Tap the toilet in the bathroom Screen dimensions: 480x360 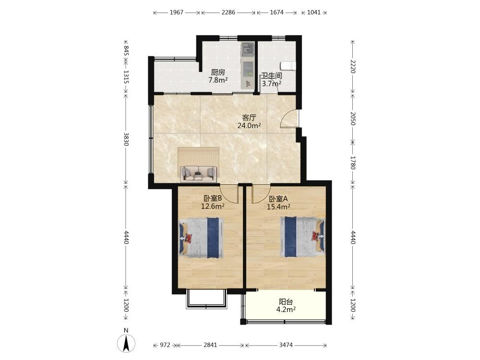click(x=288, y=66)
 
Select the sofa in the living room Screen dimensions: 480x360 click(x=199, y=173)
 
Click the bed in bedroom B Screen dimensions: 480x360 click(x=201, y=238)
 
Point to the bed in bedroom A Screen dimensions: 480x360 click(x=302, y=237)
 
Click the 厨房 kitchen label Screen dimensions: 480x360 click(x=218, y=72)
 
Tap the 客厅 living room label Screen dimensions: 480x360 click(x=249, y=118)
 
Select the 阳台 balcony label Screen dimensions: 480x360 click(x=286, y=302)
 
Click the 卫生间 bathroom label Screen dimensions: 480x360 click(x=272, y=76)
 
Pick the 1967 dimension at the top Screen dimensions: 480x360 click(x=177, y=12)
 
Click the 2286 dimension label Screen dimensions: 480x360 click(x=228, y=12)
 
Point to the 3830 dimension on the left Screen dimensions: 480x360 click(x=126, y=139)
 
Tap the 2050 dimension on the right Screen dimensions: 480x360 click(x=353, y=119)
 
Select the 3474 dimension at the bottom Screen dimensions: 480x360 click(x=286, y=345)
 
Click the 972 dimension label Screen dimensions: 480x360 click(x=165, y=345)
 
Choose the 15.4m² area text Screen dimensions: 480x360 click(x=278, y=206)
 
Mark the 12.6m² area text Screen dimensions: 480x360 click(x=213, y=206)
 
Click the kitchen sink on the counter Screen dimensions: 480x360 click(x=247, y=48)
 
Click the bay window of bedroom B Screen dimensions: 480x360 click(x=206, y=299)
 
